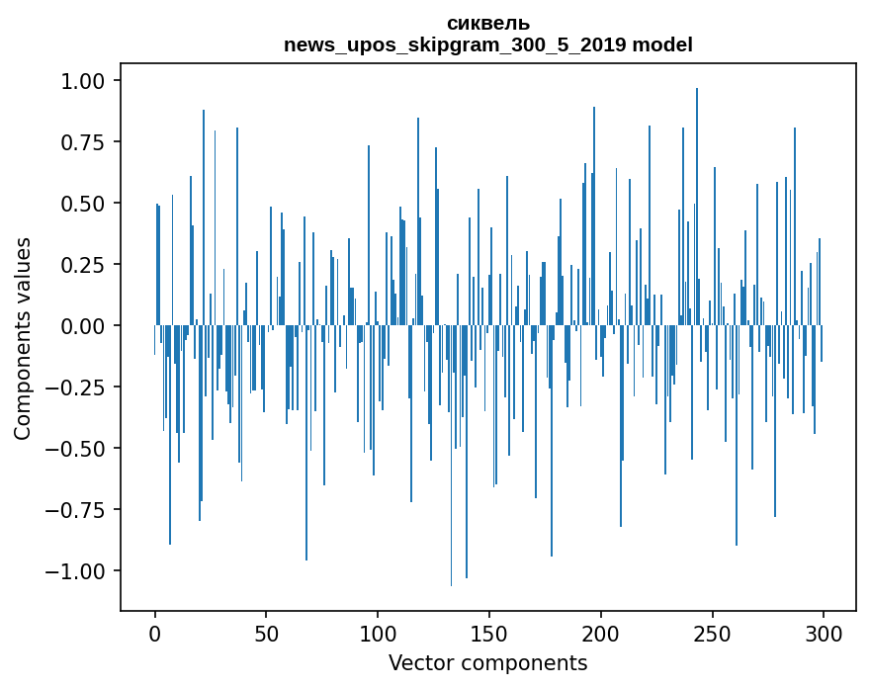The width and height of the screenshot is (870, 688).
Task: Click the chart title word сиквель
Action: coord(488,23)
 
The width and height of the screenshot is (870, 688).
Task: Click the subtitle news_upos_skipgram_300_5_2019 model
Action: coord(488,44)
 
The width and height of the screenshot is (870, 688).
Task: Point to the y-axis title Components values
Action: coord(22,338)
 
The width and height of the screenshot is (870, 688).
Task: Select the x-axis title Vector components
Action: coord(488,663)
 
